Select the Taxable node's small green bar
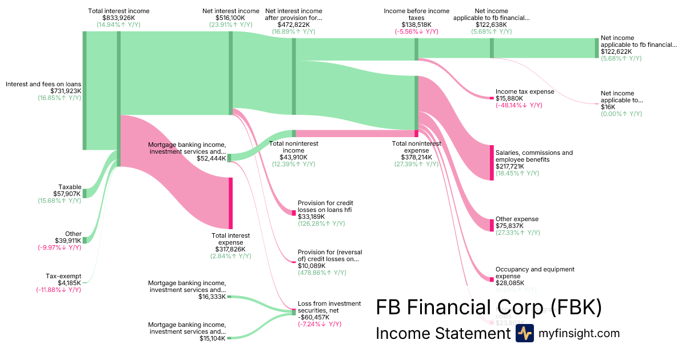tap(84, 193)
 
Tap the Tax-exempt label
tap(63, 276)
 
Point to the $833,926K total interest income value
tap(118, 18)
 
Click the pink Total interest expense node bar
tap(230, 203)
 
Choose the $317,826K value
tap(230, 249)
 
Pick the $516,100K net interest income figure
tap(230, 18)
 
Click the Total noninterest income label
tap(293, 147)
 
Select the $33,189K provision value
tap(312, 217)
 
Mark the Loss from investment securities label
tap(329, 307)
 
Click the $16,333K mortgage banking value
tap(212, 297)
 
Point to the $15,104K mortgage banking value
tap(212, 338)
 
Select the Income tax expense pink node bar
tap(491, 98)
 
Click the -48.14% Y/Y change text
tap(519, 105)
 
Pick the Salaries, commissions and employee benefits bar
tap(491, 163)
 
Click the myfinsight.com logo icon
tap(524, 333)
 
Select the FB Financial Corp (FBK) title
tap(489, 307)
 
